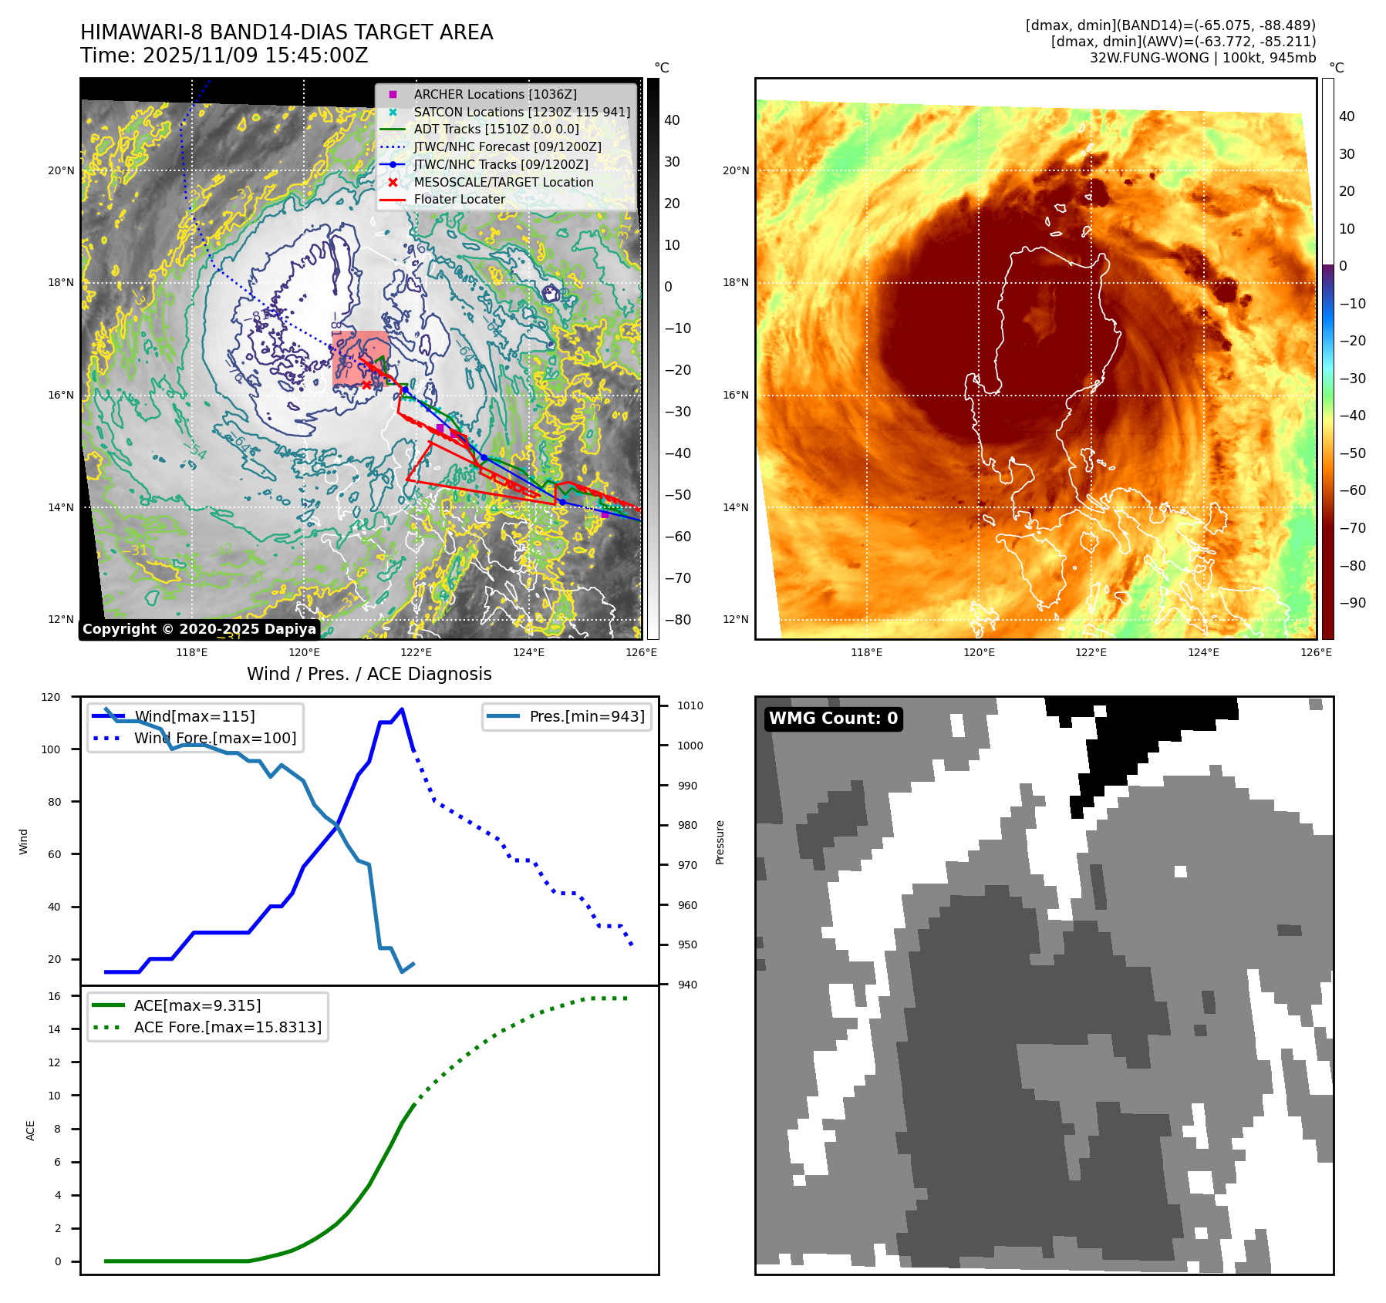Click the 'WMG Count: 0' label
coord(833,719)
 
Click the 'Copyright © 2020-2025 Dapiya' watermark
coord(199,629)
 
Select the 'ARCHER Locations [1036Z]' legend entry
coord(495,94)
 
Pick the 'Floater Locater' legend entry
coord(460,199)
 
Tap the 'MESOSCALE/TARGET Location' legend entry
coord(504,182)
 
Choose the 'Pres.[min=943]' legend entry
coord(586,716)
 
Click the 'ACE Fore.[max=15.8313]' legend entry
coord(228,1027)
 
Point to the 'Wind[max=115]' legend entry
coord(194,716)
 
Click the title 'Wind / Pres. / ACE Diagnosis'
coord(369,674)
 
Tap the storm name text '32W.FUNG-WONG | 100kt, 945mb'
coord(1202,58)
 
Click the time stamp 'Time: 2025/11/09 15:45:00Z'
coord(224,56)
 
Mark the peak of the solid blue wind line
coord(402,709)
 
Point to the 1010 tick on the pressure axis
coord(690,705)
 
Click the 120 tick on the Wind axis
coord(51,697)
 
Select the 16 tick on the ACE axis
coord(54,996)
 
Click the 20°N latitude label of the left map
coord(61,170)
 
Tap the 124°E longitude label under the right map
coord(1203,652)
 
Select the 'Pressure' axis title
coord(720,842)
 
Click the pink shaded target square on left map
coord(360,359)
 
